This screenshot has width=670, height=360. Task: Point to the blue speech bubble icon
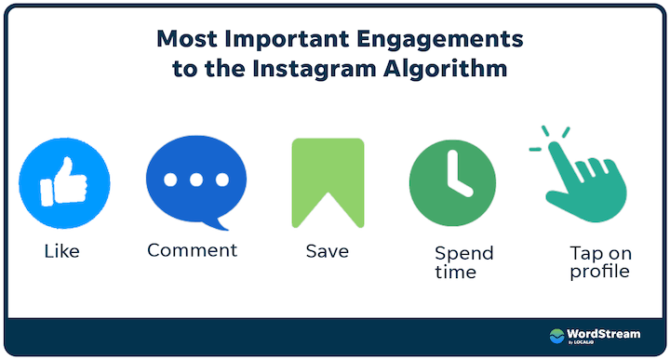click(x=195, y=180)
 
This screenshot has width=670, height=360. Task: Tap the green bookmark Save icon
click(x=328, y=182)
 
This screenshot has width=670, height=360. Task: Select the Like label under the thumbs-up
click(x=61, y=252)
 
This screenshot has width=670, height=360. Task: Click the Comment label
click(x=193, y=250)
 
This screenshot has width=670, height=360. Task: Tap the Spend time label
click(x=463, y=262)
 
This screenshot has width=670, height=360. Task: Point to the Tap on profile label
click(x=599, y=262)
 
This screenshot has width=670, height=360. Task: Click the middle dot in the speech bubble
click(x=195, y=180)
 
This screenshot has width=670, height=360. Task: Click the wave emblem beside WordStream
click(x=558, y=337)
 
